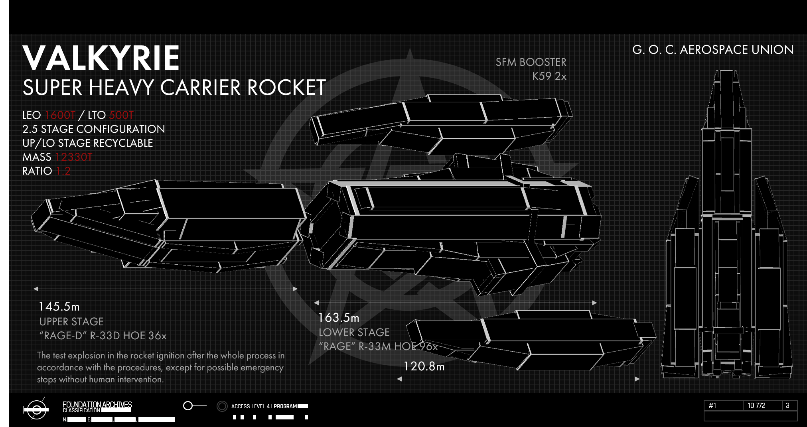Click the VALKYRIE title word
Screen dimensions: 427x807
101,58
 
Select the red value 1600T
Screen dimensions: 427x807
60,115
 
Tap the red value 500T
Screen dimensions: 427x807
121,115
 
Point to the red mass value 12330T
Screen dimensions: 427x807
73,157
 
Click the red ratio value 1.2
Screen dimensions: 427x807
63,171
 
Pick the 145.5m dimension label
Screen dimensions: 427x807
59,307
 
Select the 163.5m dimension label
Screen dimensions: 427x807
339,318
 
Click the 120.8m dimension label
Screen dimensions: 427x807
424,366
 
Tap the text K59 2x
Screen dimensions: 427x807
549,76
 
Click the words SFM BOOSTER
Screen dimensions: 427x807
531,62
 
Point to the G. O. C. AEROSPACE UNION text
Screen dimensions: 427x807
713,50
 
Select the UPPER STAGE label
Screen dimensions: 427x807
71,322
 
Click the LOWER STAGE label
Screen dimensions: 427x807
354,333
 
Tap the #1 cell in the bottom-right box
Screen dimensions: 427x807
712,405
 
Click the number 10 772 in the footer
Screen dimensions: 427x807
756,405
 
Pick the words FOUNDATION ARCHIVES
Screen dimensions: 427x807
97,404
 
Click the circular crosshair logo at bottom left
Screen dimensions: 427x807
37,409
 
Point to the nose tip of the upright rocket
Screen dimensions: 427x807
726,72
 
